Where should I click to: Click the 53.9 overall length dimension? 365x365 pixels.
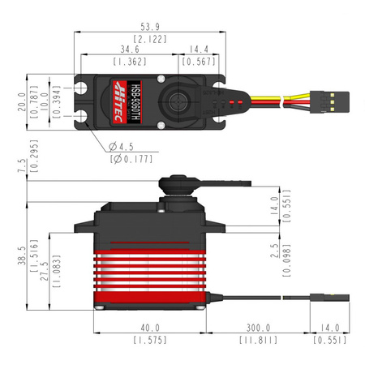pos(139,25)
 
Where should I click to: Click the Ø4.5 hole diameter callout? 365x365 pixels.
pos(123,147)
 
